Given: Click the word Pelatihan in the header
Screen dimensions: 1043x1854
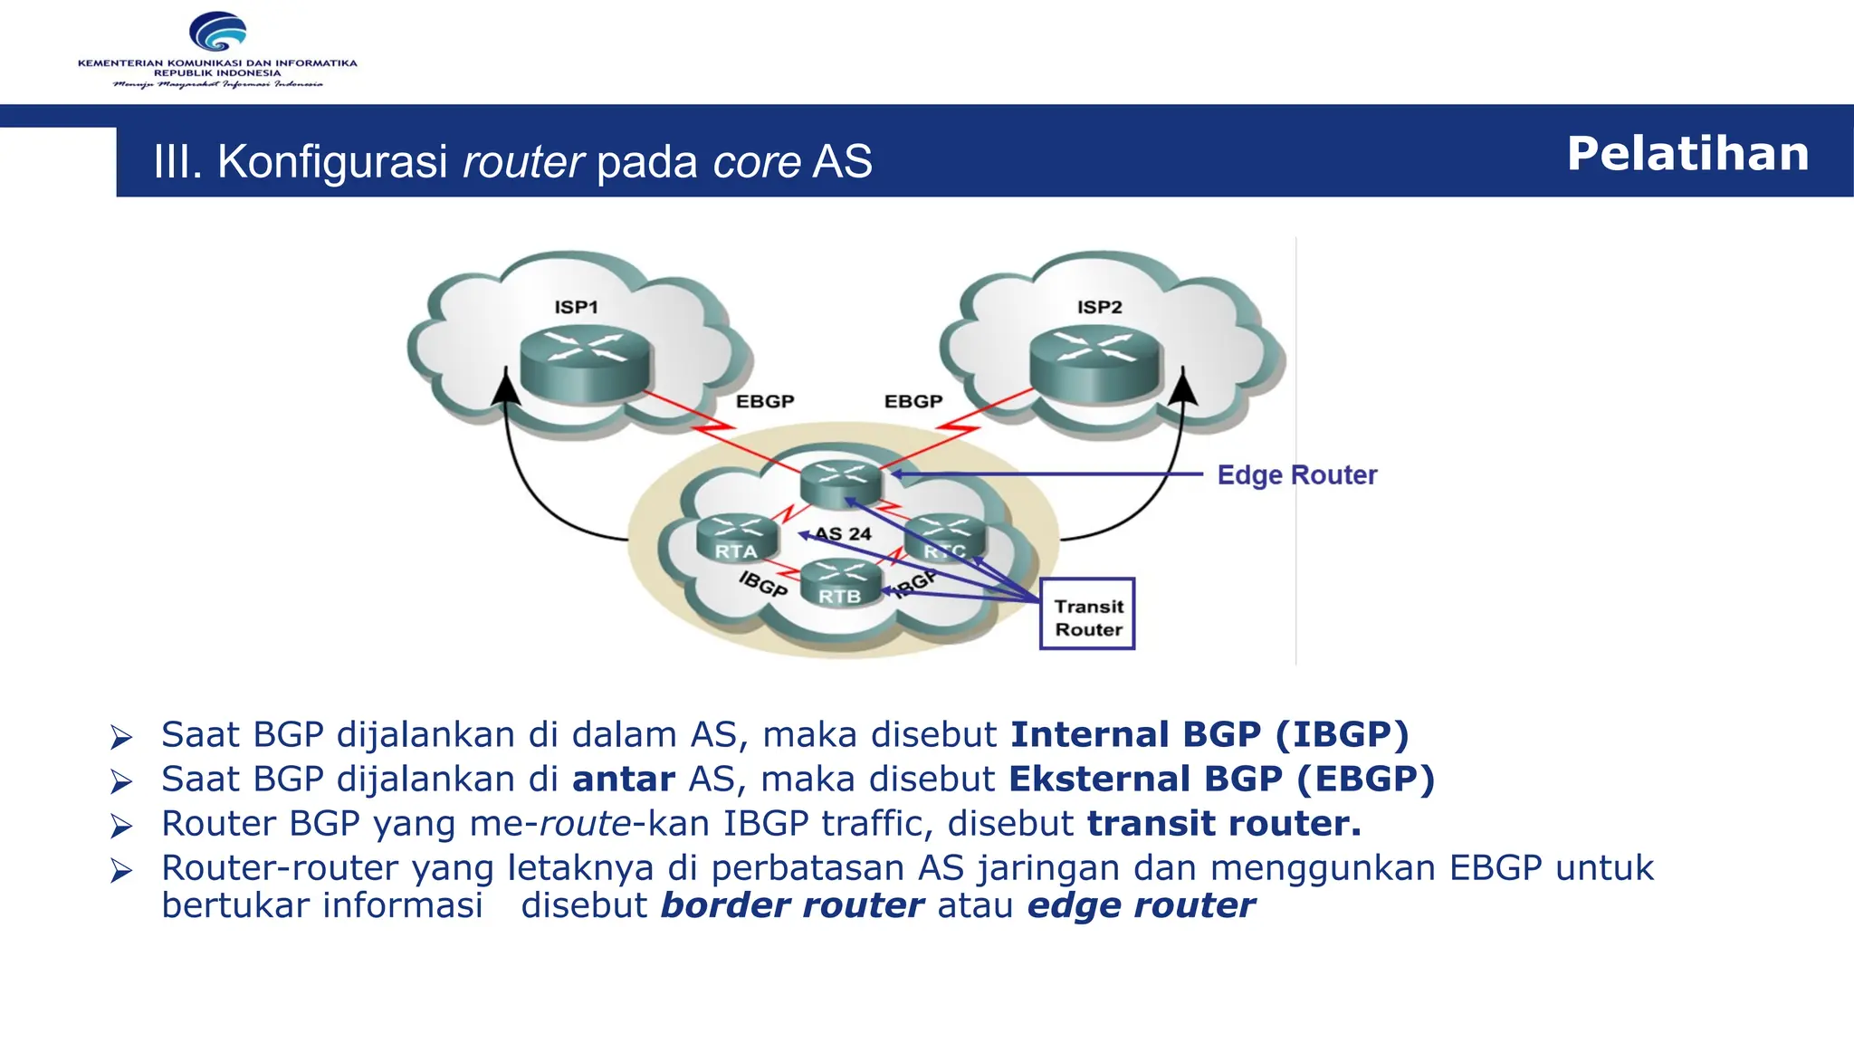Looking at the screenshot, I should click(1687, 153).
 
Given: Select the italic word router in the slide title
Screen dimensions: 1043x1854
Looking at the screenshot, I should click(523, 162).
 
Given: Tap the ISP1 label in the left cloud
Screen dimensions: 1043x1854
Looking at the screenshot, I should click(576, 307).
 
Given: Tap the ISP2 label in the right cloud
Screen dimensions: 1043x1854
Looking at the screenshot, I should click(1099, 307).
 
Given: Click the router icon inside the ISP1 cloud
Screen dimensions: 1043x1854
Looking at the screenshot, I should click(586, 362).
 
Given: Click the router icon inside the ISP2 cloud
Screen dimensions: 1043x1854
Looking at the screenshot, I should click(1095, 362).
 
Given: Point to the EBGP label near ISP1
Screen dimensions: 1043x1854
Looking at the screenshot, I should click(764, 401).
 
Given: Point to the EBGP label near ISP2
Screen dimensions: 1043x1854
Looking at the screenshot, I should click(913, 401).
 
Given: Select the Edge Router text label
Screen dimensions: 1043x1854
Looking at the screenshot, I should click(1296, 474).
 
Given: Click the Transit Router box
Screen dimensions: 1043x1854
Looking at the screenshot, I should click(1087, 615).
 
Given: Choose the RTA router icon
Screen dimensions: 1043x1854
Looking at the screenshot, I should click(737, 538).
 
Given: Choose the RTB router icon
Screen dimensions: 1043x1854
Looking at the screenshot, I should click(840, 582).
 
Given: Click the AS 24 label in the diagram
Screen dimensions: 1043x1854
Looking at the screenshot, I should click(844, 534).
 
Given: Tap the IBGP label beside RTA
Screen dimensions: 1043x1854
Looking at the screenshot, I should click(762, 584).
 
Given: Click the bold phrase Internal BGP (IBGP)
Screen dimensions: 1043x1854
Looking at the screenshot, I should click(1209, 734).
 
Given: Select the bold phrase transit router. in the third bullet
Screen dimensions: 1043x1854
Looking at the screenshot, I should click(1224, 823).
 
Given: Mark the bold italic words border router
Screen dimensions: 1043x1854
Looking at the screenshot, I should click(792, 905).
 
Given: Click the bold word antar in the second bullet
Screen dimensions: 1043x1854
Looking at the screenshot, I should click(623, 779).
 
